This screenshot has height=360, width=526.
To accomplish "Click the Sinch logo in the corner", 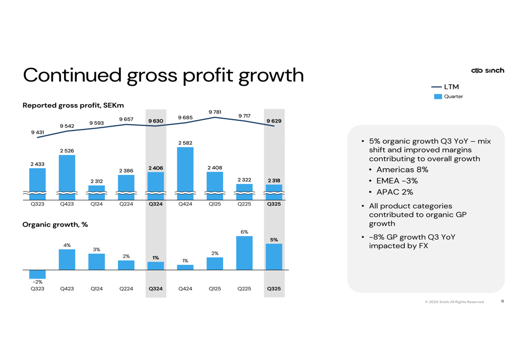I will click(488, 70).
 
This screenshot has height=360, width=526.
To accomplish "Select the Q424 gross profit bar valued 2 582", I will click(185, 171).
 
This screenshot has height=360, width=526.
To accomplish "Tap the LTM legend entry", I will click(445, 87).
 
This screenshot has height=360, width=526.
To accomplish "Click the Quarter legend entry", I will click(448, 97).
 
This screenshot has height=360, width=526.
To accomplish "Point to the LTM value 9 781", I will click(215, 112).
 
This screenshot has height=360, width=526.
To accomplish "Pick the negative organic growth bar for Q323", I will click(37, 274).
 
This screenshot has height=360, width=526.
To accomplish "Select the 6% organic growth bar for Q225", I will click(244, 253).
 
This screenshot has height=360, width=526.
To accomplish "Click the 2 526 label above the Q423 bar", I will click(67, 151).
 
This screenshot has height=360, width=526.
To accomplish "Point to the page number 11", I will click(502, 301).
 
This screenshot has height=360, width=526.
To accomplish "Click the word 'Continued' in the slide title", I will click(72, 75).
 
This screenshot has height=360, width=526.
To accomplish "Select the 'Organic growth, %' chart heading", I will click(55, 224).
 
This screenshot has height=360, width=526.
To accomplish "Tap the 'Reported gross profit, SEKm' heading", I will click(73, 105).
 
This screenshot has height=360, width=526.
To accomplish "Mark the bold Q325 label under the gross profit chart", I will click(274, 204).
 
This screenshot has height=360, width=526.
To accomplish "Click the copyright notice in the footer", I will click(454, 302).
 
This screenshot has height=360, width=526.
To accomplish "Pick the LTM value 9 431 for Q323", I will click(37, 132).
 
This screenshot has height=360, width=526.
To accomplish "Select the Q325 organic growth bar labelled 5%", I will click(274, 256).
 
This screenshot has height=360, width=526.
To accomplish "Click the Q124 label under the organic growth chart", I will click(96, 289).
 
